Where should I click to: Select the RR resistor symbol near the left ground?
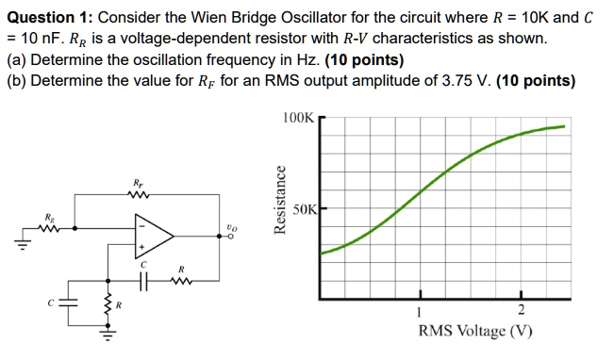tap(50, 225)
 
